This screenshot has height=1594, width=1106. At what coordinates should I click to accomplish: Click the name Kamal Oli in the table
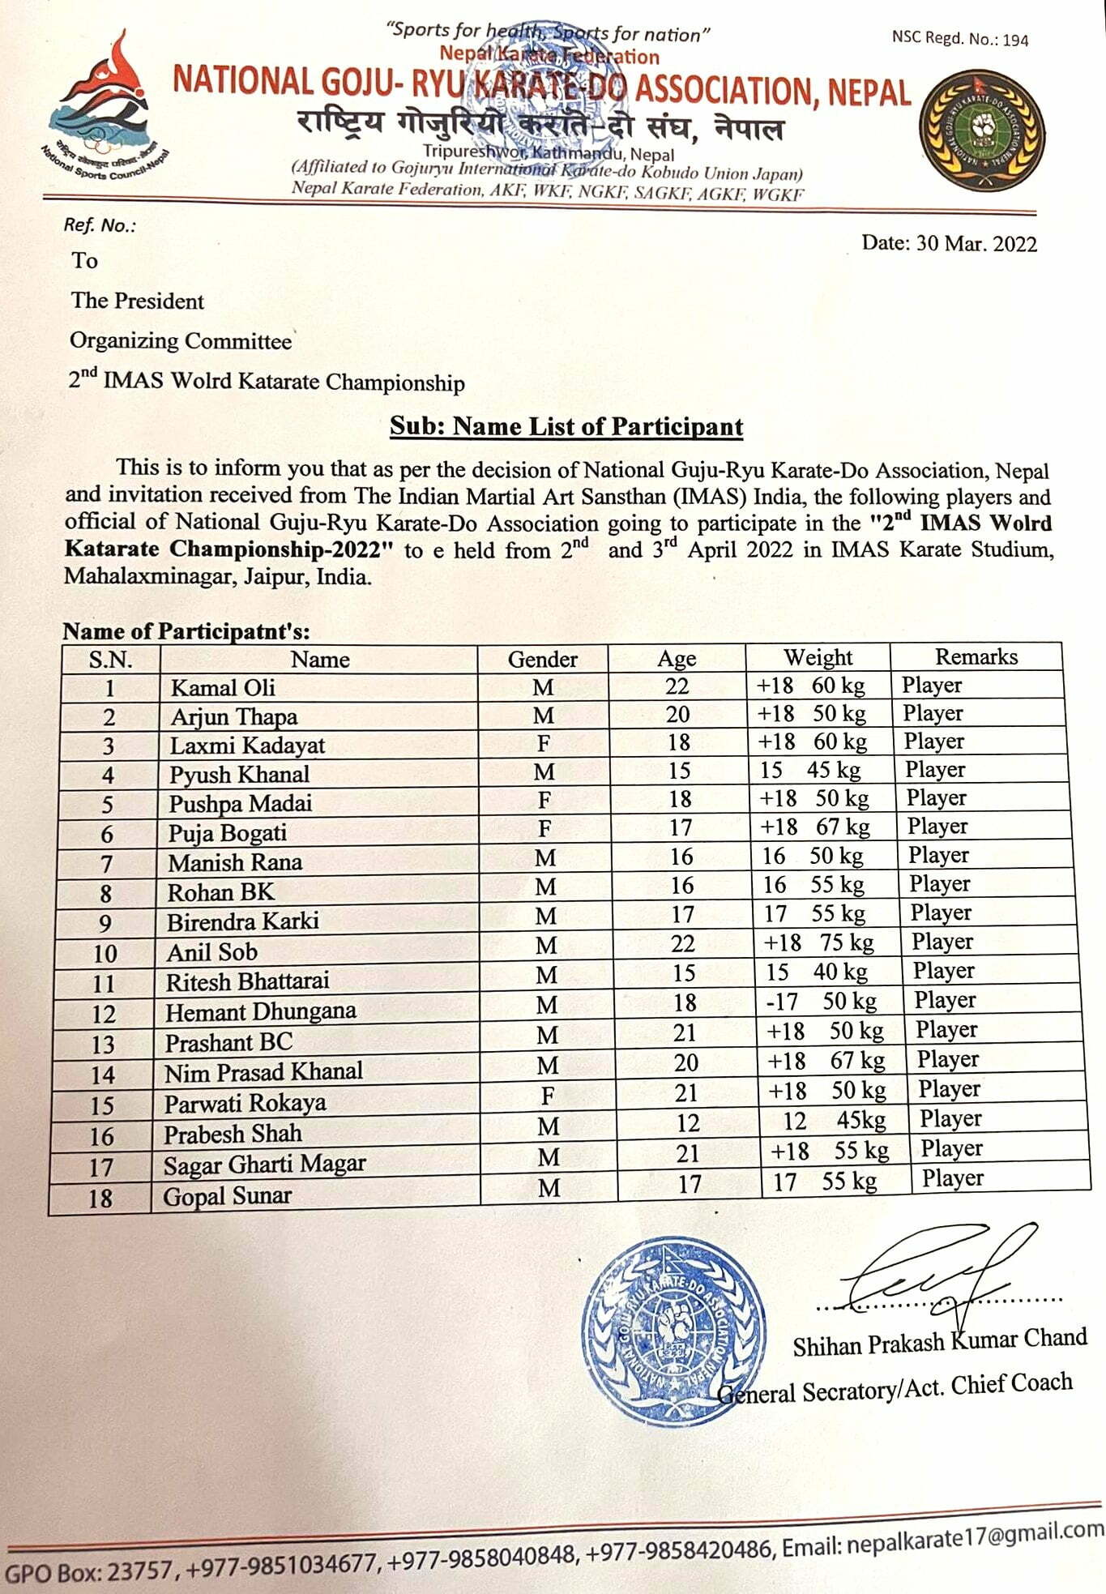(223, 688)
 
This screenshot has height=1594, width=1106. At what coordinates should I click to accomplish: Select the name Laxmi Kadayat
(247, 746)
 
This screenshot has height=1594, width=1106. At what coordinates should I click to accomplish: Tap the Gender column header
(542, 659)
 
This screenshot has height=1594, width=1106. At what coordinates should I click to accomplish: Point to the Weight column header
(818, 657)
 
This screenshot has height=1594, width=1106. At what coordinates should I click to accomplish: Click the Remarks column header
(976, 656)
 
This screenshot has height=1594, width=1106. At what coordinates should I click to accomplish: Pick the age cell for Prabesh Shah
(688, 1123)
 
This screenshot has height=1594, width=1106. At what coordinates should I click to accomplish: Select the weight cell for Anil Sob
(824, 942)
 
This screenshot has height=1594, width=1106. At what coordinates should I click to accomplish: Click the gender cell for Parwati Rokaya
(548, 1096)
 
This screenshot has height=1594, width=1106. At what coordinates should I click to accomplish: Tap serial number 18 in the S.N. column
(100, 1198)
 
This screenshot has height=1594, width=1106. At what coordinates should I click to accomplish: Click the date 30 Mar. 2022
(949, 244)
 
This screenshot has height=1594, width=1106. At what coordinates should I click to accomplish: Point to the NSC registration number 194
(1015, 40)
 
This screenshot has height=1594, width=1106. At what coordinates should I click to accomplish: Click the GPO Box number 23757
(139, 1571)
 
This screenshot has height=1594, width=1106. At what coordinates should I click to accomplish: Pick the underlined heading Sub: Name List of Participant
(566, 426)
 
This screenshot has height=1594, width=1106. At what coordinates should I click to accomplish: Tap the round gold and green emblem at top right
(982, 130)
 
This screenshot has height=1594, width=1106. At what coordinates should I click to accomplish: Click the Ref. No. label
(100, 225)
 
